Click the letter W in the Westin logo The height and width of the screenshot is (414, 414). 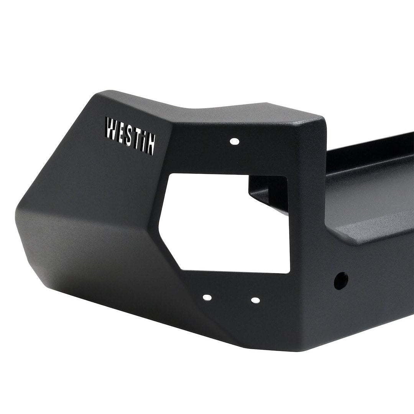112,129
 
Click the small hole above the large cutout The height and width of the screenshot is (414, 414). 233,141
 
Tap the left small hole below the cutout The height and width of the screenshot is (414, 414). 207,297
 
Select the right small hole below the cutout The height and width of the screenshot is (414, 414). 254,300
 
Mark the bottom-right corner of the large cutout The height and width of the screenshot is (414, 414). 288,273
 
